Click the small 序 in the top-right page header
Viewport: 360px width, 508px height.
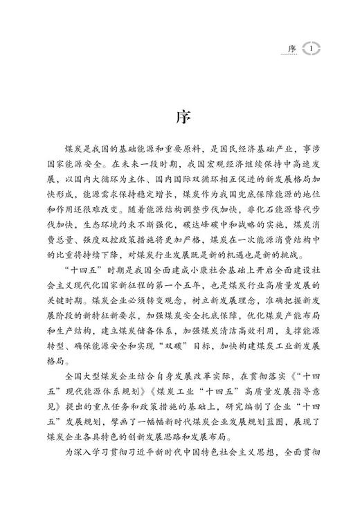pos(291,48)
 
